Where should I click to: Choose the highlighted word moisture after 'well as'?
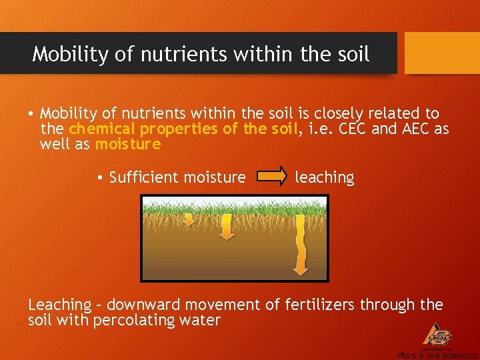(x=128, y=144)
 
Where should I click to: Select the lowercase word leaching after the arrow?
(x=325, y=177)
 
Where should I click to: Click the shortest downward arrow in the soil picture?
(x=189, y=220)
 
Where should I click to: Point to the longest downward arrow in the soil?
(x=300, y=244)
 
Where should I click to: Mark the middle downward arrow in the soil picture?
(x=226, y=227)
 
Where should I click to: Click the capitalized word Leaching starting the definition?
(x=59, y=305)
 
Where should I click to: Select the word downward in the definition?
(x=145, y=305)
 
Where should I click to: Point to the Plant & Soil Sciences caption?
(x=436, y=355)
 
